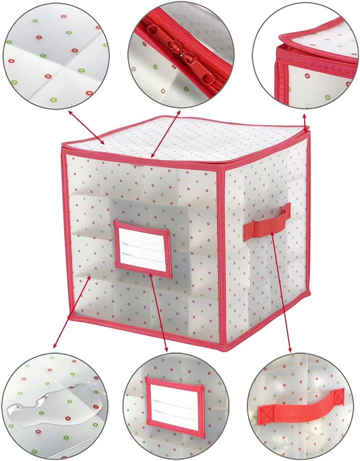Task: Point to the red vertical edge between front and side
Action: [221, 257]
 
